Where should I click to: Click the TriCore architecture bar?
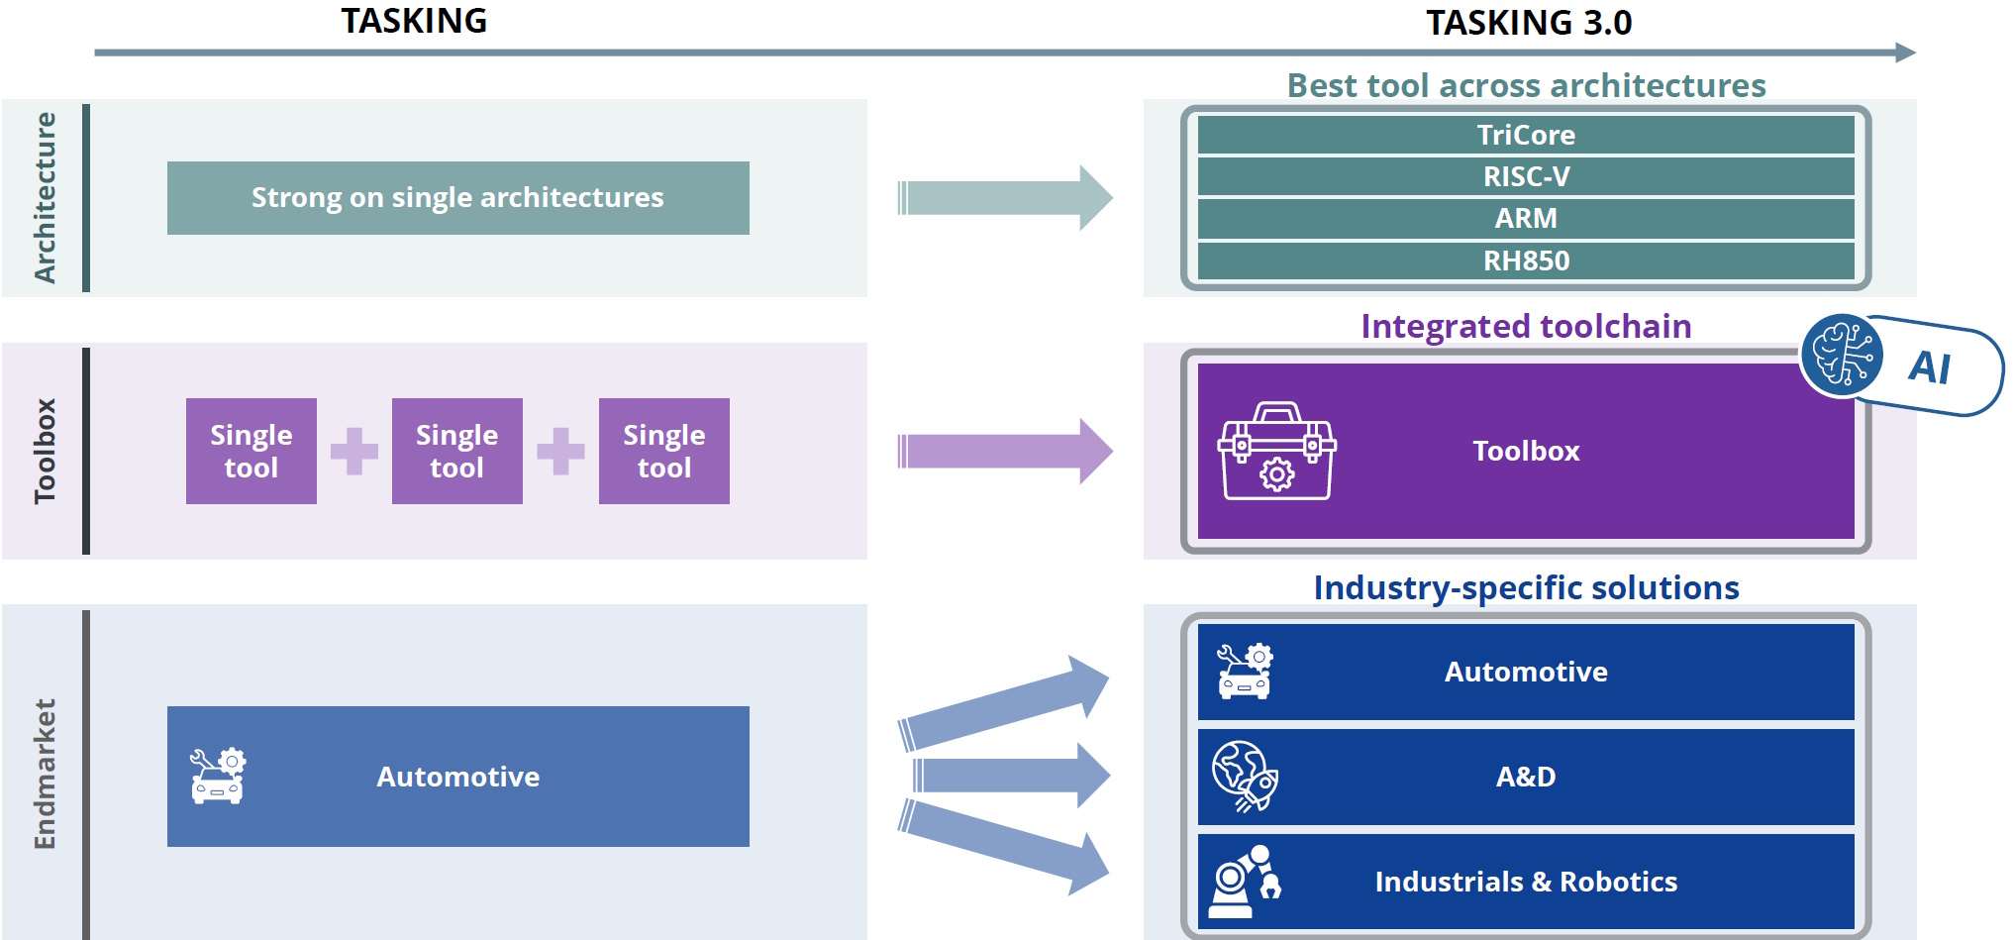point(1525,135)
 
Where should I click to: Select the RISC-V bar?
point(1525,176)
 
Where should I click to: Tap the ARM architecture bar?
point(1525,218)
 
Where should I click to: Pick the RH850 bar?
point(1525,261)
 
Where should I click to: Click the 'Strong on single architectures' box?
point(457,197)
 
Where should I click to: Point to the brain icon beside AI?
point(1842,355)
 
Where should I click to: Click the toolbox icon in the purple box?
point(1276,451)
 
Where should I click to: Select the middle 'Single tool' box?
point(456,451)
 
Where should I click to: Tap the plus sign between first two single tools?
point(354,452)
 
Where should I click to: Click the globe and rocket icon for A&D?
point(1245,776)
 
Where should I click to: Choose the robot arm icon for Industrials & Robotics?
point(1245,881)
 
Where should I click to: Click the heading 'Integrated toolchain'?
point(1525,326)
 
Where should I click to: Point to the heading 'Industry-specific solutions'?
point(1525,587)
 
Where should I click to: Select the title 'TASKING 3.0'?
point(1528,22)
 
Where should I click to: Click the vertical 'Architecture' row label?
point(45,197)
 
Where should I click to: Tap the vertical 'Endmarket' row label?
point(45,774)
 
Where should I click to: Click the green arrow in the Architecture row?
point(1004,197)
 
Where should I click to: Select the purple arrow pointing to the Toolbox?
point(1004,451)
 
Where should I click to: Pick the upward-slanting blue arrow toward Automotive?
point(1004,703)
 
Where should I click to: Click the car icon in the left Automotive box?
point(218,776)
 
